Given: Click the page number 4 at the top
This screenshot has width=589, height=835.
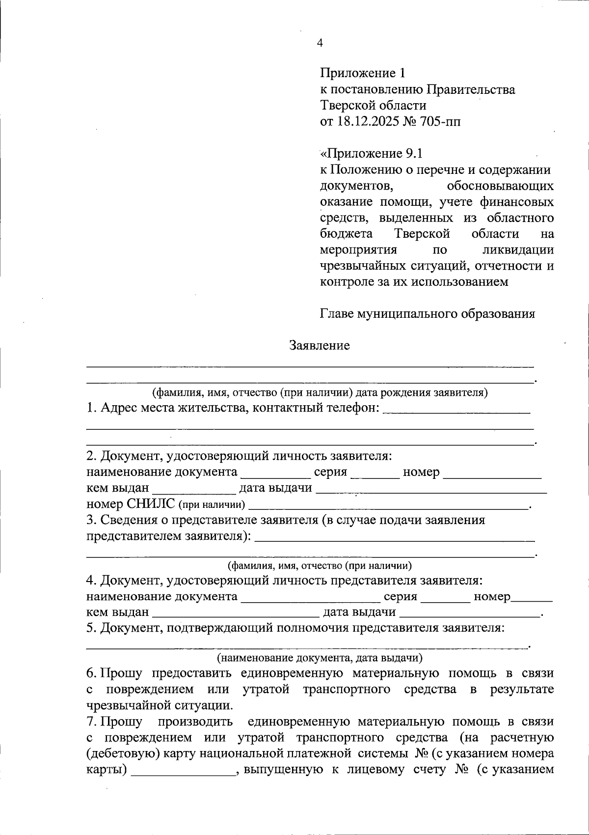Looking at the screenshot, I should coord(320,43).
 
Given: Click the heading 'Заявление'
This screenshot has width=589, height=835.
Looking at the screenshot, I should coord(320,346).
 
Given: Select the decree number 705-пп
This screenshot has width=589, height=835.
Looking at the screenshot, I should coord(440,121).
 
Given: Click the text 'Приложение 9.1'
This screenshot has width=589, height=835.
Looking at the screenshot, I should coord(371,154).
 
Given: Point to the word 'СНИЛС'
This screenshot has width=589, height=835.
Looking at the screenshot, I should coord(151,503).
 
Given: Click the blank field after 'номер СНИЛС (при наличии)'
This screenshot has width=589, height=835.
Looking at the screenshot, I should coord(388,505).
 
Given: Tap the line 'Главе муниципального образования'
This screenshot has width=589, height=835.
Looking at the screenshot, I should coord(427,314).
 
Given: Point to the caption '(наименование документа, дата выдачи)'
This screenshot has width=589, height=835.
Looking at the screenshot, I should coord(320,657).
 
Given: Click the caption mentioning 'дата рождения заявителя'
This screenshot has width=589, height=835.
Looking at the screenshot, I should coord(320,392).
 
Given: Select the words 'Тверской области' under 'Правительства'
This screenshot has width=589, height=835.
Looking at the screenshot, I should coord(373,105).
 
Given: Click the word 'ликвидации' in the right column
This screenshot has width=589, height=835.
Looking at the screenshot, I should coord(518,250).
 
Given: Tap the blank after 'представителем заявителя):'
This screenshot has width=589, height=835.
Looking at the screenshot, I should coord(395,538).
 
